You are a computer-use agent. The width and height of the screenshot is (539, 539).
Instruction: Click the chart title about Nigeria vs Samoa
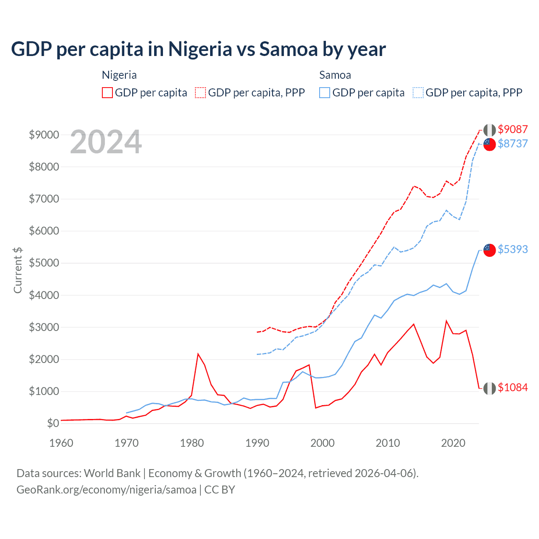click(x=198, y=49)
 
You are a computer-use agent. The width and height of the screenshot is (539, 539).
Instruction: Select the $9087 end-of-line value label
click(x=512, y=129)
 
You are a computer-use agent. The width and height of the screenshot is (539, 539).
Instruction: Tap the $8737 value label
click(x=512, y=144)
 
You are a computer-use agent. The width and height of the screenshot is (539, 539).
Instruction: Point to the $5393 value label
click(x=512, y=249)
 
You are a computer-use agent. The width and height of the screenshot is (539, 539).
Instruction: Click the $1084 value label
click(x=512, y=387)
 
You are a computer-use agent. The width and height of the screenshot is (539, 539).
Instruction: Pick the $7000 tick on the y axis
click(x=44, y=199)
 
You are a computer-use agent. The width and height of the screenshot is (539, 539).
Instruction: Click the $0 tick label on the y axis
click(x=53, y=423)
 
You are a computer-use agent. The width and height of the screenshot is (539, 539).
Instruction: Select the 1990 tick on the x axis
click(x=257, y=443)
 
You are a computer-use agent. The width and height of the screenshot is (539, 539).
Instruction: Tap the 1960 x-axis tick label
click(x=61, y=443)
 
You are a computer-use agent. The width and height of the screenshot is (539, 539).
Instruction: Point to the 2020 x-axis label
click(x=453, y=443)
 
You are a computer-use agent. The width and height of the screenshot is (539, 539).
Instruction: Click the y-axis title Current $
click(x=18, y=270)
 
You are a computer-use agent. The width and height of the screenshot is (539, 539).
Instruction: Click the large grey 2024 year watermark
click(x=106, y=142)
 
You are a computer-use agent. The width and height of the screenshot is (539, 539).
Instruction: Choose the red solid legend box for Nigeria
click(x=107, y=93)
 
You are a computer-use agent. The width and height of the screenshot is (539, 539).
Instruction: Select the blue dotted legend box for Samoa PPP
click(x=418, y=93)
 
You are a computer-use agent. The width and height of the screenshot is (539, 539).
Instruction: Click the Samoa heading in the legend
click(x=335, y=75)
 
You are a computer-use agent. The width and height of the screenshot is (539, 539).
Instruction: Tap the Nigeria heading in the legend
click(x=119, y=75)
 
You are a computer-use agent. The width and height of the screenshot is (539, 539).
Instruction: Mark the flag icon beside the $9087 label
click(x=489, y=130)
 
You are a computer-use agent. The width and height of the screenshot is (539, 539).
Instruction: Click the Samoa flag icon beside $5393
click(x=489, y=250)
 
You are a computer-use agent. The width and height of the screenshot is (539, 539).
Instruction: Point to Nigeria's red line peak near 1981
click(x=198, y=354)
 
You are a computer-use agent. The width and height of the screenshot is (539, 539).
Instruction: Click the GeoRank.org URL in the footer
click(x=107, y=490)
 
